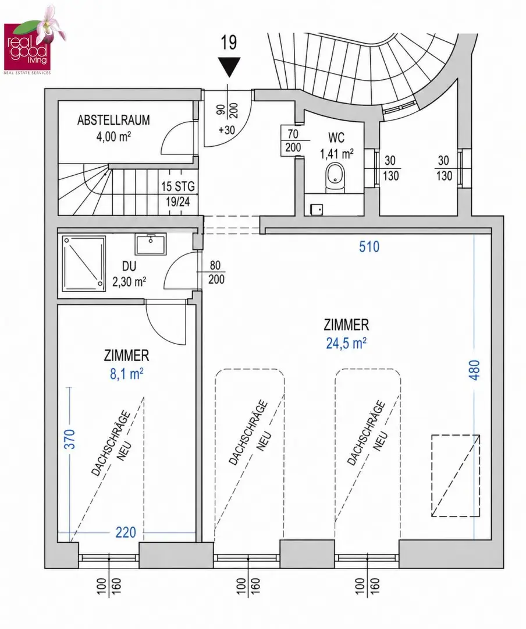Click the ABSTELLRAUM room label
pos(113,120)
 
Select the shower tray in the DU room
pos(84,262)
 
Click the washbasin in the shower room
pos(151,244)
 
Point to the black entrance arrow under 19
pos(229,67)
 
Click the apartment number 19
pos(229,43)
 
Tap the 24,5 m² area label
pos(346,343)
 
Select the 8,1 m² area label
pos(127,374)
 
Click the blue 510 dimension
pos(369,246)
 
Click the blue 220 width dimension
pos(126,532)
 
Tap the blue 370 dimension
pos(70,439)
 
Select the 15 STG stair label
pos(178,186)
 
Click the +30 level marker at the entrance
pos(226,130)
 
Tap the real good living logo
pos(33,41)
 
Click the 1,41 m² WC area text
pos(336,153)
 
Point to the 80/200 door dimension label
pos(216,273)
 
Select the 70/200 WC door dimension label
pos(293,140)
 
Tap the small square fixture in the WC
pos(317,210)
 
